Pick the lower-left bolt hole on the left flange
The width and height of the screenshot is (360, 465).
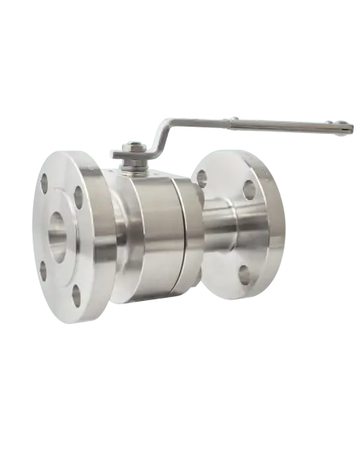point(43,270)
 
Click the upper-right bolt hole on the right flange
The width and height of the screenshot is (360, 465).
point(249,190)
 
